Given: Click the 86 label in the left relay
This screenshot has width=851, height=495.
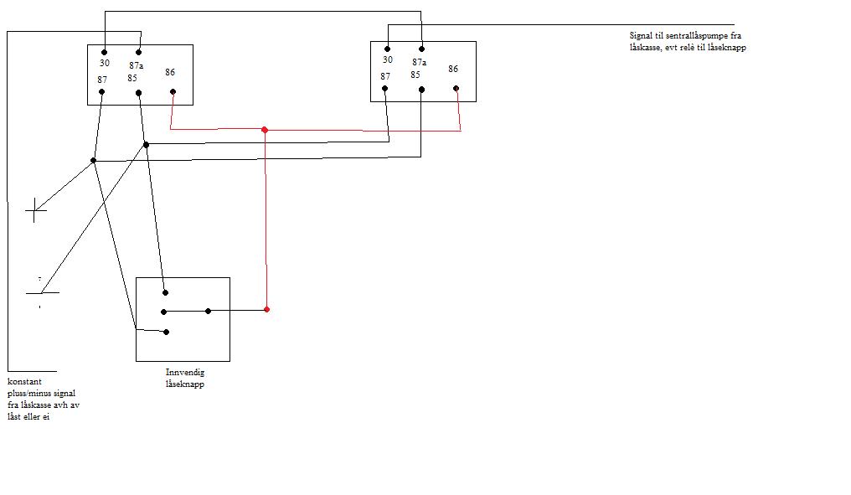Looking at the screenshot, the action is (x=170, y=72).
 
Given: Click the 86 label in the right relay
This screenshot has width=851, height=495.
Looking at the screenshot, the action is (x=453, y=69).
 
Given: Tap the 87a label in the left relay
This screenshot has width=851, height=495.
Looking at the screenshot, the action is (x=137, y=65).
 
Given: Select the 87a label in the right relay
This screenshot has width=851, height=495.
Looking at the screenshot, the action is (x=419, y=63).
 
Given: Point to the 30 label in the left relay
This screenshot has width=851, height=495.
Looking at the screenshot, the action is (x=105, y=63).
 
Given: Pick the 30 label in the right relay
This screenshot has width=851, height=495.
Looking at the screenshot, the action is (x=388, y=59).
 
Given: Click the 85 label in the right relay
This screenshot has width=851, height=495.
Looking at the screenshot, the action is (x=415, y=75).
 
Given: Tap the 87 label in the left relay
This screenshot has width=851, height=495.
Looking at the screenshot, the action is (x=102, y=80).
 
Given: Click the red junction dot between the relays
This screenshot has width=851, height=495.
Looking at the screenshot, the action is (x=265, y=130).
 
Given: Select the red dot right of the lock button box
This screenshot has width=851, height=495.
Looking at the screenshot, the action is (x=266, y=309).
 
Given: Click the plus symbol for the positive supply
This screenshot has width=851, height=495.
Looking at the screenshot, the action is (x=35, y=210).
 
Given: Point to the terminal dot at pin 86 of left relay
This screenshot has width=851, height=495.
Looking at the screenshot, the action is (x=173, y=92).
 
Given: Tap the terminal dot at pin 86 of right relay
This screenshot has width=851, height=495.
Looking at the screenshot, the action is (x=456, y=89).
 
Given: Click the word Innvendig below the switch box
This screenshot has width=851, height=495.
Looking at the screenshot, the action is (x=185, y=373).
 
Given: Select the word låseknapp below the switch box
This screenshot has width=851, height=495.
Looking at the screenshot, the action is (x=185, y=384).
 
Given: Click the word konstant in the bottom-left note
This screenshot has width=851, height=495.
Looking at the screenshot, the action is (x=24, y=382).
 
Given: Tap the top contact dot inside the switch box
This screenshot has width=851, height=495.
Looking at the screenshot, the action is (x=166, y=292).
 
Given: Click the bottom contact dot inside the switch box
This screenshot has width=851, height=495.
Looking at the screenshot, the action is (x=166, y=333).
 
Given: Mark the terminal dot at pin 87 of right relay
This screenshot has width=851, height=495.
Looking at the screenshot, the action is (x=384, y=89).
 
